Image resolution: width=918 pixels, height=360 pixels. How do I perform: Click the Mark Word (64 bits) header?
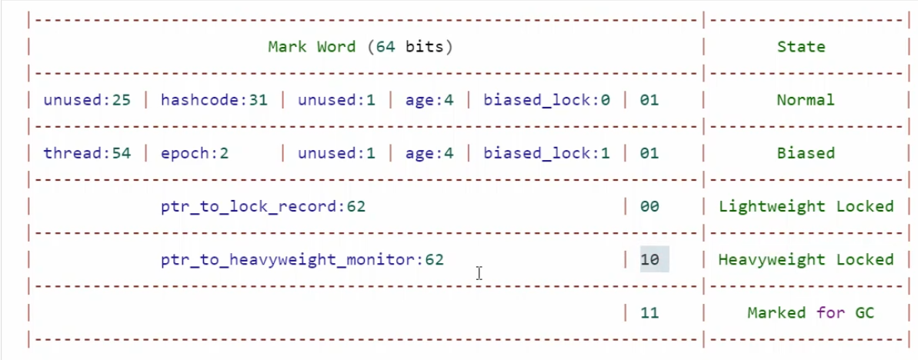[360, 47]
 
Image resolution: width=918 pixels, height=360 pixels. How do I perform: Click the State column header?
[801, 47]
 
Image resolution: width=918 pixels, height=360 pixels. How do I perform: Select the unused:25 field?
[87, 100]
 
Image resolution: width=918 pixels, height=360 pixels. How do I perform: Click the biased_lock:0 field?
[546, 100]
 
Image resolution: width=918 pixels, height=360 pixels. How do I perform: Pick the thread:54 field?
[87, 153]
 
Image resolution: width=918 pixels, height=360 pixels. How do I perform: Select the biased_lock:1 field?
[546, 153]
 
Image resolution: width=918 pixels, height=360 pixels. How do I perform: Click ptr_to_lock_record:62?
[263, 206]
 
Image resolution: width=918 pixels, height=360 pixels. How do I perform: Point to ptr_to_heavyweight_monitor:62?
[302, 260]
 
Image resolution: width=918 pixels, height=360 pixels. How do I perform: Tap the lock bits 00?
[649, 206]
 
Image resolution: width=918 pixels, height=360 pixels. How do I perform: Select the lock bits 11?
[649, 313]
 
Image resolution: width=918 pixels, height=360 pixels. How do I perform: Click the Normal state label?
[806, 100]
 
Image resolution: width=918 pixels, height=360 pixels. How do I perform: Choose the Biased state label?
[806, 153]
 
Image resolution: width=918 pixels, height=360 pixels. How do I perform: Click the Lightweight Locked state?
[806, 206]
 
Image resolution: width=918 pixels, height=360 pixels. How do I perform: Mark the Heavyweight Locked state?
[806, 260]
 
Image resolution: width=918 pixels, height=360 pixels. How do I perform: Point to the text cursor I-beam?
[479, 273]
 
